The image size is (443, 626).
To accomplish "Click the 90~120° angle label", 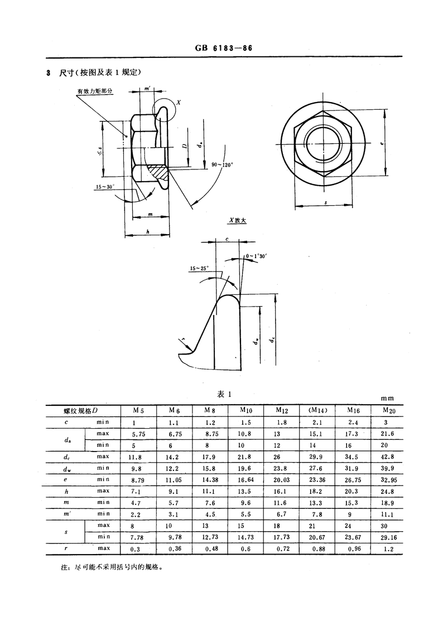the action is (x=222, y=164).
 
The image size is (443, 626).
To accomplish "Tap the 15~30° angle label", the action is (x=105, y=186).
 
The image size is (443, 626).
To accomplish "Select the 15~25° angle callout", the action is (x=199, y=269).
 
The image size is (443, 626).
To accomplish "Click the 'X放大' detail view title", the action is (x=237, y=220).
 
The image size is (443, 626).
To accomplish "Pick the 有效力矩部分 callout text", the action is (x=95, y=91).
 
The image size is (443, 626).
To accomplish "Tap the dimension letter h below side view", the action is (x=148, y=231).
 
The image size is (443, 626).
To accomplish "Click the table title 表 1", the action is (x=224, y=395).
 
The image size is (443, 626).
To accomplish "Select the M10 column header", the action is (x=245, y=410).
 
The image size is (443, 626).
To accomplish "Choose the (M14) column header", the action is (x=317, y=410).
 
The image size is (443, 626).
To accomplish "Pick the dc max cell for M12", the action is (x=277, y=457).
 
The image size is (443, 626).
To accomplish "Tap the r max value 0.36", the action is (x=175, y=549).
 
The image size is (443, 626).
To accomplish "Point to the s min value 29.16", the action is (x=389, y=537).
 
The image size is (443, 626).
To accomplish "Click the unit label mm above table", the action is (x=387, y=398).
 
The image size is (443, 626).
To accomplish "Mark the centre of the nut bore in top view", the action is (x=322, y=144).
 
